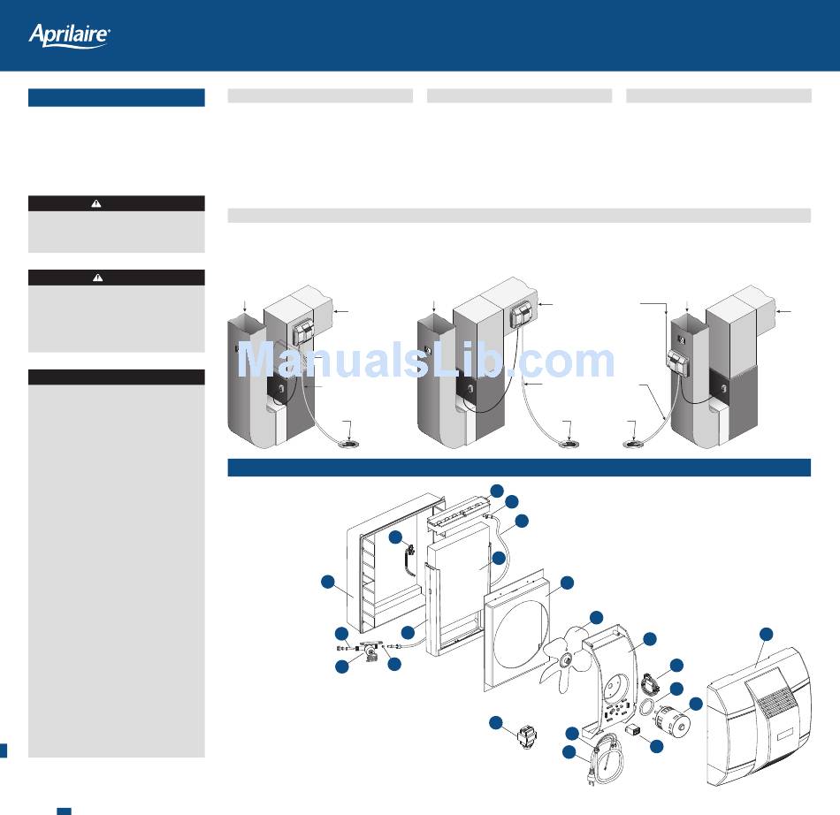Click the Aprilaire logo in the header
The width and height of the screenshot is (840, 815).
tap(69, 35)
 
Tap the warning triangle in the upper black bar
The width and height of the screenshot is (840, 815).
tap(95, 203)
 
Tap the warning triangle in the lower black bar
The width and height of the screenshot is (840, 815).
tap(97, 278)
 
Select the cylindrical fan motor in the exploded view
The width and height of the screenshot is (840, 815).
tap(673, 721)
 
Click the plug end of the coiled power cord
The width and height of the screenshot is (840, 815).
tap(592, 778)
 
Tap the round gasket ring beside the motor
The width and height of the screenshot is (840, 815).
tap(646, 706)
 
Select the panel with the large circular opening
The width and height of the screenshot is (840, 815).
tap(517, 632)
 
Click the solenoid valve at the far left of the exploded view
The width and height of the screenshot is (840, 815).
tap(369, 650)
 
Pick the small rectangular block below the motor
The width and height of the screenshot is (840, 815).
tap(633, 729)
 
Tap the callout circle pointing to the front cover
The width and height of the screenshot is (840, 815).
tap(767, 634)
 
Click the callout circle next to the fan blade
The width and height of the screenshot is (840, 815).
tap(596, 617)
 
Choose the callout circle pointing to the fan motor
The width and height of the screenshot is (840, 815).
tap(695, 705)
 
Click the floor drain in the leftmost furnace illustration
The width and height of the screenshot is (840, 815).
tap(348, 444)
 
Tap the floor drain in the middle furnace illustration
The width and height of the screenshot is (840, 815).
tap(569, 444)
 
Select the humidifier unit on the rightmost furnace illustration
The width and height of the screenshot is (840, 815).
tap(677, 361)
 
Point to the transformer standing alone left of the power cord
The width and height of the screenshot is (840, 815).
tap(527, 737)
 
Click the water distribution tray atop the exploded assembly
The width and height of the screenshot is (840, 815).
tap(459, 513)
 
